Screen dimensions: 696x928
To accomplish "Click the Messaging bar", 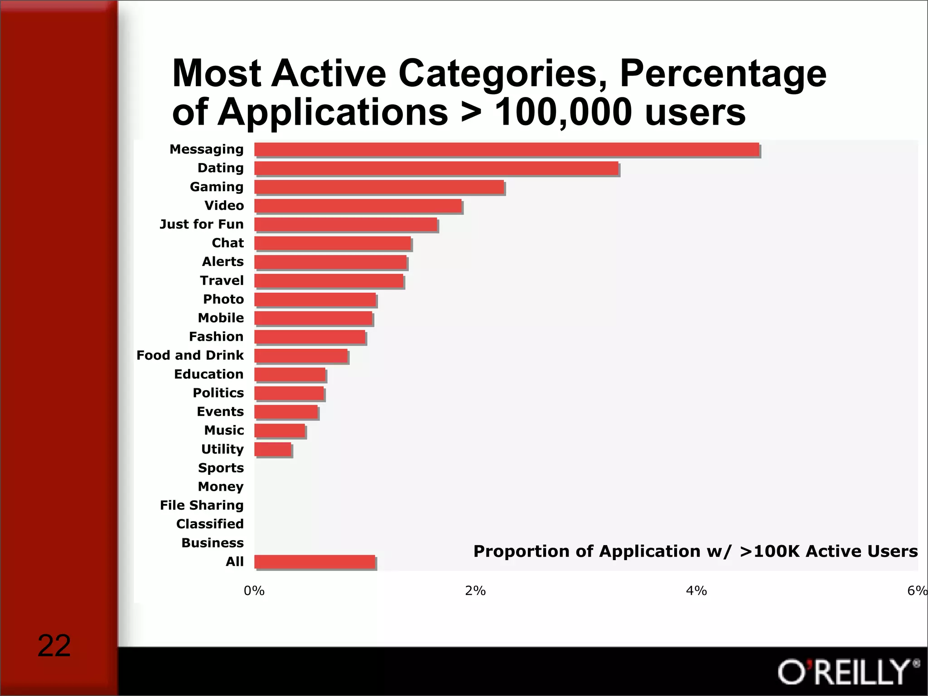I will coord(507,150).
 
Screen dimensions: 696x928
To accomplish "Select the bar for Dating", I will coord(436,168).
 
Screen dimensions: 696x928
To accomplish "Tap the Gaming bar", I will coord(379,187).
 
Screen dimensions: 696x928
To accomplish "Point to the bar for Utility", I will coord(273,449).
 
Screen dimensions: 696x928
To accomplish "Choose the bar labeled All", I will coord(315,562).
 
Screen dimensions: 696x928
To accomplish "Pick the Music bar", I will coord(280,430).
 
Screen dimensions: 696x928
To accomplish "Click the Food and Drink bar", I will coord(301,356).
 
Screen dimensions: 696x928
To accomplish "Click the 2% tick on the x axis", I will coord(475,591).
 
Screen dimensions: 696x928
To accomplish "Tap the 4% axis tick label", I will coord(696,591).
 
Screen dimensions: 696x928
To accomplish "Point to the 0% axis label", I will coord(254,591).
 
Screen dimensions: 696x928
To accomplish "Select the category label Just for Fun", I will coord(202,224).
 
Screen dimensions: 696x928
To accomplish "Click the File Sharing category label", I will coord(202,505).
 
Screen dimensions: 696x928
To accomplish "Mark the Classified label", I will coord(210,524).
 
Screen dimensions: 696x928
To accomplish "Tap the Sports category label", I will coord(221,468).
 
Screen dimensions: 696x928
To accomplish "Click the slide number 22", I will coord(54,646).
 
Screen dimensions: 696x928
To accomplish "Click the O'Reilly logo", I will coord(848,672).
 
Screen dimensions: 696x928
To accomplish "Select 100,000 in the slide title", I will coord(563,112).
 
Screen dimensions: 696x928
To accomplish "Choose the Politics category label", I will coord(218,393).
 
